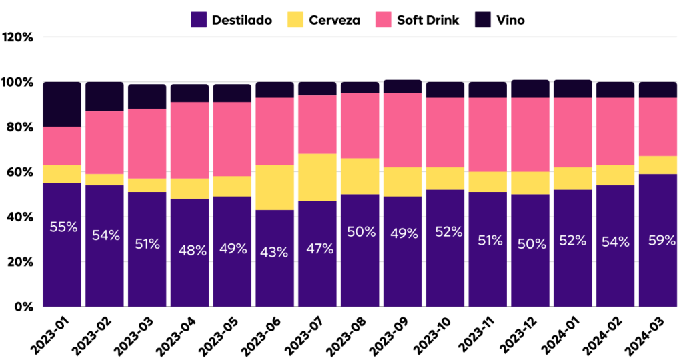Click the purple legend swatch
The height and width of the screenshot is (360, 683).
[199, 19]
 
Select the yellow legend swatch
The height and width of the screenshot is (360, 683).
[295, 19]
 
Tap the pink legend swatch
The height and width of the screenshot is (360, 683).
[384, 19]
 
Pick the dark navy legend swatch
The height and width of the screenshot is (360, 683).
[483, 19]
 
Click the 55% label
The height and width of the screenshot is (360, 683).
[63, 227]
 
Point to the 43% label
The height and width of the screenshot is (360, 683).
[274, 253]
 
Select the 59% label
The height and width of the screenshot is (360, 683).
[662, 241]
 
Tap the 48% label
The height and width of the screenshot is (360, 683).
[193, 251]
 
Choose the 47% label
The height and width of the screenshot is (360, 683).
[319, 249]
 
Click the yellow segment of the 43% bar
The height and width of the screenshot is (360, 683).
[275, 187]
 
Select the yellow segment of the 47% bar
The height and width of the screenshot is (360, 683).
[317, 177]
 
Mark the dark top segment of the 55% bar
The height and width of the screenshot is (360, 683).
[62, 105]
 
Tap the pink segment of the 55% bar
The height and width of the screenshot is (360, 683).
[62, 146]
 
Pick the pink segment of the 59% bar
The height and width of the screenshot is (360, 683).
[658, 127]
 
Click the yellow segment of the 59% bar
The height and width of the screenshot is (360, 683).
[658, 165]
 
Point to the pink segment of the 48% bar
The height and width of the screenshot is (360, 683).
[189, 140]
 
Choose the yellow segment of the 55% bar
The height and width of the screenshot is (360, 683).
[62, 174]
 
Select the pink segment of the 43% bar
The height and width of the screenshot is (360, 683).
[275, 131]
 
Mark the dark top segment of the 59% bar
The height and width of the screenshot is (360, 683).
[658, 90]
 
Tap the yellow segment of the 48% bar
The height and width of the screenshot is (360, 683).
[189, 189]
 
